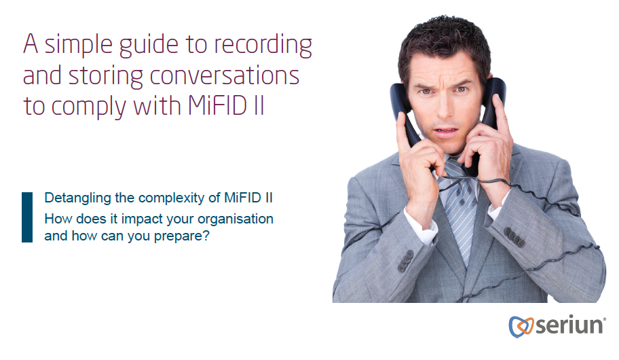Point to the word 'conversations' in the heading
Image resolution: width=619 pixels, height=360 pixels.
(x=225, y=76)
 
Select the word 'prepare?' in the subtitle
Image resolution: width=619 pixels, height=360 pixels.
(x=185, y=238)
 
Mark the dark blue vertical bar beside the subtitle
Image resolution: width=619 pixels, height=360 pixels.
(x=27, y=217)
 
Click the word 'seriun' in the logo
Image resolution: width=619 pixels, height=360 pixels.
(x=569, y=325)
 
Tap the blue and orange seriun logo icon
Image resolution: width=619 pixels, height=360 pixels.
(x=519, y=326)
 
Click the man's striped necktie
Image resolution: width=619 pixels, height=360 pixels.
(x=462, y=204)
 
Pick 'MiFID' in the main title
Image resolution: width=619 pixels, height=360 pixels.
(x=214, y=107)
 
